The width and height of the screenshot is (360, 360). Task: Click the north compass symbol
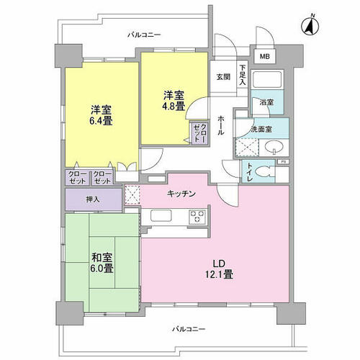310,26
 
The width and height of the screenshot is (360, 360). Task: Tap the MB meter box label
265,57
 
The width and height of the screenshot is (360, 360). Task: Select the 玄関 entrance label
223,77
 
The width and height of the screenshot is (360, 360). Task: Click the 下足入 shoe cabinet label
243,75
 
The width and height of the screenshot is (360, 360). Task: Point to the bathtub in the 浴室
267,79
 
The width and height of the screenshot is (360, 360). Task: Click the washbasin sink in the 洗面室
274,146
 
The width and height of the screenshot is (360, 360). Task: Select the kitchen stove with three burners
197,217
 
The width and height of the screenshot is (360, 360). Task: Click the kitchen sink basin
161,215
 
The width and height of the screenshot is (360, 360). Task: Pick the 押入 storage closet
94,199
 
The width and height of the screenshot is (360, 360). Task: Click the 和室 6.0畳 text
102,263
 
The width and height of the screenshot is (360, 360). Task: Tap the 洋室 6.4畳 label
101,115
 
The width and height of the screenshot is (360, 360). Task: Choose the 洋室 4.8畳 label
174,101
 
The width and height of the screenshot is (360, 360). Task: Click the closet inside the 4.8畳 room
199,133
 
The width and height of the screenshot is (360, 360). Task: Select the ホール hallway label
221,126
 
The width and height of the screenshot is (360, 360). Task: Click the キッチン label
181,194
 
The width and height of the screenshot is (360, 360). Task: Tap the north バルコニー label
144,35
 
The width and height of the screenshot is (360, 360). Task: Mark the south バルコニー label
189,329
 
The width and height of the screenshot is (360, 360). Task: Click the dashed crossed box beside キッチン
132,195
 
